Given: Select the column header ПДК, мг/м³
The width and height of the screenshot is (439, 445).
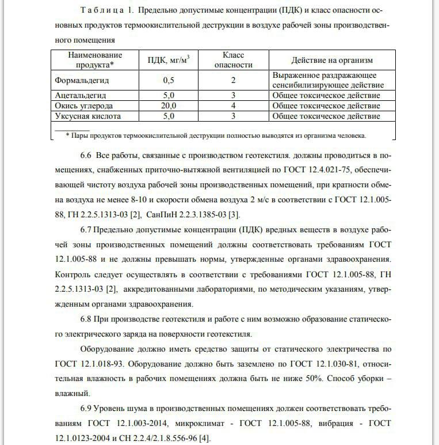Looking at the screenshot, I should pos(169,59).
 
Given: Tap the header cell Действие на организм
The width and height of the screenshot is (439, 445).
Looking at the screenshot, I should pos(332,60).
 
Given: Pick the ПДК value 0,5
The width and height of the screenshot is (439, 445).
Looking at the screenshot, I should pos(169,80).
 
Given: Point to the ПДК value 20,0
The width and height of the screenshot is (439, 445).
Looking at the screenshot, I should pos(169,106).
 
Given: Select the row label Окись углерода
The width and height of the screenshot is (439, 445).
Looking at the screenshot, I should pos(84,106).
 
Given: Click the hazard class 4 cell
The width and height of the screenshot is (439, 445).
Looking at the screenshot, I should pos(234,106).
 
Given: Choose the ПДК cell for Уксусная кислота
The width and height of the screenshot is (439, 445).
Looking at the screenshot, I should pos(169,116).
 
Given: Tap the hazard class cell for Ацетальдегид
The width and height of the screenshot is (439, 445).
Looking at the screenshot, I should pos(234,95).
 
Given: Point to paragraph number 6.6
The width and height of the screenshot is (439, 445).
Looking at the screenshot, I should pos(86,156).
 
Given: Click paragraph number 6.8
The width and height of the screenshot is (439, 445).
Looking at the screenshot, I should pos(86,319).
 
